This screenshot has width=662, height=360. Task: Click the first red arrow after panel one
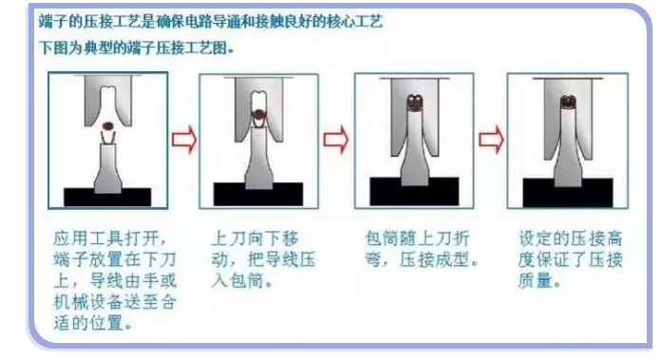tap(183, 141)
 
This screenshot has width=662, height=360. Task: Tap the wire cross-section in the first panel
tap(107, 124)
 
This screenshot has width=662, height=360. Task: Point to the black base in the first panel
tap(107, 197)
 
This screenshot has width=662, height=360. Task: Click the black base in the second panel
tap(258, 195)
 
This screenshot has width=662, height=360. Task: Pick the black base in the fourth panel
tap(567, 195)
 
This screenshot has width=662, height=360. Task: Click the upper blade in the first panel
tap(107, 95)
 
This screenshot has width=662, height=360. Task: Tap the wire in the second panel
tap(257, 115)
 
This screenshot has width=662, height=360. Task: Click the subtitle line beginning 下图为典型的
tap(137, 47)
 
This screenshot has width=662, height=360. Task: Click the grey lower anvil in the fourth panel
tap(567, 152)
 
